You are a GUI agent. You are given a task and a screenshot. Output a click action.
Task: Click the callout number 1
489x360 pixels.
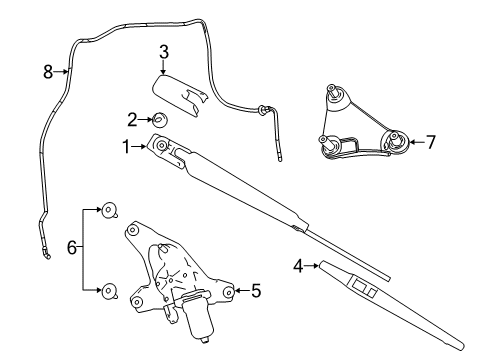127,146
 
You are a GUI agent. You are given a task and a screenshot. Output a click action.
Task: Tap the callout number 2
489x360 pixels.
132,120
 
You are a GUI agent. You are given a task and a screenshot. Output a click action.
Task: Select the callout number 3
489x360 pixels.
163,52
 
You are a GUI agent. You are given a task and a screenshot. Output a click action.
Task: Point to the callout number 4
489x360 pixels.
297,266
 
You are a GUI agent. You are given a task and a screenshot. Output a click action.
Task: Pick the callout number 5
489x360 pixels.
256,291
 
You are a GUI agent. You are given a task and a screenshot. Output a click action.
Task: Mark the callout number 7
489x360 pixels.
431,142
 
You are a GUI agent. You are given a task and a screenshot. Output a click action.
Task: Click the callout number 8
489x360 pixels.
47,71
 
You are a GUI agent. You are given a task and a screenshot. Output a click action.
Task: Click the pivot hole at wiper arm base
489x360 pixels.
161,146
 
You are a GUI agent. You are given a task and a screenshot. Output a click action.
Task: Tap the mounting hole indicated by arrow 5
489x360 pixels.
229,292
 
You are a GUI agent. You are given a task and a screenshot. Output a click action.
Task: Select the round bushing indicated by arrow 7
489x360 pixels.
397,141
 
